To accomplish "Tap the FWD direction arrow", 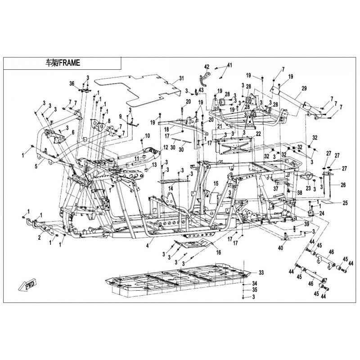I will pyautogui.click(x=27, y=284).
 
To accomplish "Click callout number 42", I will pyautogui.click(x=207, y=66).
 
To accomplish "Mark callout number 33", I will pyautogui.click(x=261, y=273).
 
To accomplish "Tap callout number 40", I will pyautogui.click(x=280, y=247).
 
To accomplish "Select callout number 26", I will pyautogui.click(x=343, y=185).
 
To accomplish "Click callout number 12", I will pyautogui.click(x=165, y=147).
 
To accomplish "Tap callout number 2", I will pyautogui.click(x=39, y=237).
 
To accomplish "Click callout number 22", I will pyautogui.click(x=258, y=134).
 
